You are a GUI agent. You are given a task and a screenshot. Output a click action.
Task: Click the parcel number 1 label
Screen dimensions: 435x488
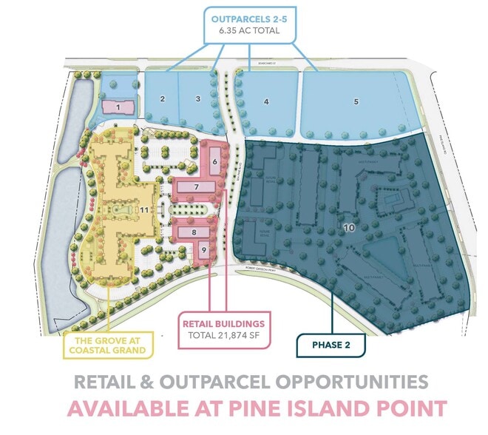tap(118, 107)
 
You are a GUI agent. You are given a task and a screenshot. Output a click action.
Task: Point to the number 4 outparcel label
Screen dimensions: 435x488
tap(265, 102)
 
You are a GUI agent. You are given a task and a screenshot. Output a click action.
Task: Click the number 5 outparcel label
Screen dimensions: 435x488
tap(356, 102)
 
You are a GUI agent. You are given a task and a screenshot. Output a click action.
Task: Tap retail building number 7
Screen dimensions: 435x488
tap(197, 188)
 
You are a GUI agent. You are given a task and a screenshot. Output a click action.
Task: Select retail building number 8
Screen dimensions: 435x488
tap(194, 232)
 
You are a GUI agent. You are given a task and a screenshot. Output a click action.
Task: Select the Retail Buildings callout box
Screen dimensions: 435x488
tap(223, 330)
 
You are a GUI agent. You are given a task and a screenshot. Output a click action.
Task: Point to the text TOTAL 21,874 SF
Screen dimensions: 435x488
tap(223, 337)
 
